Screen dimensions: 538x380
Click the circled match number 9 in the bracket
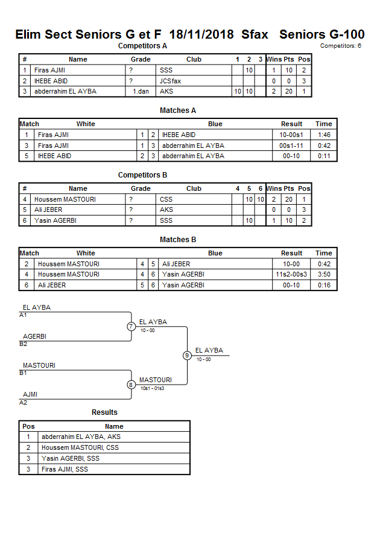coord(187,355)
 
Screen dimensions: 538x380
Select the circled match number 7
coord(131,327)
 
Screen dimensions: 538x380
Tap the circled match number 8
coord(131,385)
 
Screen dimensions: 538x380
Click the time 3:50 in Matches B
coord(324,274)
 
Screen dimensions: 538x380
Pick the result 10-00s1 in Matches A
coord(291,135)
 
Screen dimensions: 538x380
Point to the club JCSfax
coord(169,81)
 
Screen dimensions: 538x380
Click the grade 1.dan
coord(141,91)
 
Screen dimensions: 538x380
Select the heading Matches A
coord(178,110)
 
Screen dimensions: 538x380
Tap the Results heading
coord(104,412)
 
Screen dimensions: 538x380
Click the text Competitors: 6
coord(341,45)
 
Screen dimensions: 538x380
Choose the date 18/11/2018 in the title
coord(202,34)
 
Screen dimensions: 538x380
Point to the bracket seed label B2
coord(24,344)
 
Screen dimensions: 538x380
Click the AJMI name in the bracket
coord(30,394)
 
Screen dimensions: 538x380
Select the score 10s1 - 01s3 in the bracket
coord(152,388)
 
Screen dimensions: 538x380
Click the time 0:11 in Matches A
coord(324,156)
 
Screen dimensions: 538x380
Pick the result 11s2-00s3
coord(291,274)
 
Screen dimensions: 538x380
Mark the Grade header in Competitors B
coord(141,188)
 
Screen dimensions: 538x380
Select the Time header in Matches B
coord(324,253)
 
